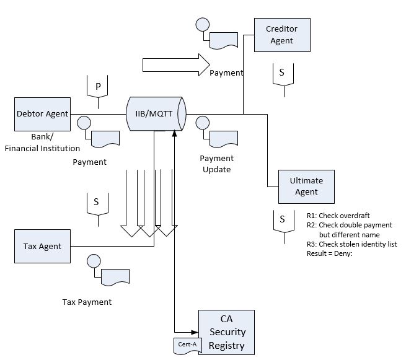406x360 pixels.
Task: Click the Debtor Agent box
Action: [42, 114]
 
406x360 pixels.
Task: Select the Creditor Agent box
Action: [281, 35]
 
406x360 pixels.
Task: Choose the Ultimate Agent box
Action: [306, 187]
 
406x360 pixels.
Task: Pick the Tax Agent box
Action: [42, 246]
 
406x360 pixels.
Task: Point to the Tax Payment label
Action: [87, 302]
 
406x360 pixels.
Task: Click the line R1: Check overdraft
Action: [335, 215]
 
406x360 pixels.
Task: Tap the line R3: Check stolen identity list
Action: [351, 244]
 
